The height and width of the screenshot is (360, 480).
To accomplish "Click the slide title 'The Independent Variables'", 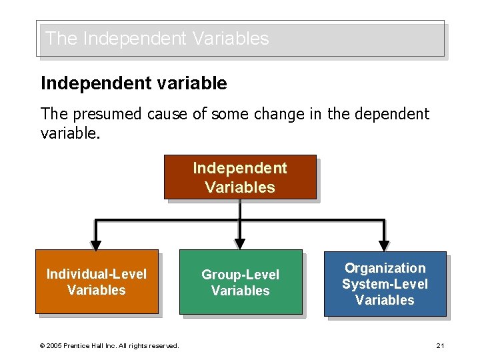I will click(157, 39).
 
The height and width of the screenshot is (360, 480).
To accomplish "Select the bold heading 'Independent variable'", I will click(133, 83).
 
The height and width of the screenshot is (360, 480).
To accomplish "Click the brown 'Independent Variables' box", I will click(239, 177).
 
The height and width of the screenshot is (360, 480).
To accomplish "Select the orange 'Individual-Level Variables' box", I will click(96, 282).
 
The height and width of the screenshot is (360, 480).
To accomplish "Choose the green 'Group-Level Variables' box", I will click(240, 282).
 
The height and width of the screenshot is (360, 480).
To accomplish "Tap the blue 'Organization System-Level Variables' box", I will click(385, 284).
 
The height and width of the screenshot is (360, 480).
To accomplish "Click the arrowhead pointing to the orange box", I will click(96, 244).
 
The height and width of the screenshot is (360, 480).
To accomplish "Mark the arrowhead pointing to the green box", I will click(240, 244).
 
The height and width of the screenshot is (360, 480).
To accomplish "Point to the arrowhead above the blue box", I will click(384, 244).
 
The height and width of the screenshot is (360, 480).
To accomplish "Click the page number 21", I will click(440, 345).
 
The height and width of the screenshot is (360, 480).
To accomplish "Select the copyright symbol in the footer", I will click(42, 345).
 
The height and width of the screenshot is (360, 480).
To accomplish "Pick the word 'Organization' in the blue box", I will click(385, 268).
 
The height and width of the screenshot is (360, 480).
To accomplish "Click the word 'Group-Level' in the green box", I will click(240, 275).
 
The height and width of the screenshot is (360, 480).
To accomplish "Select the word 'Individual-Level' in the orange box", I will click(96, 274).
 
